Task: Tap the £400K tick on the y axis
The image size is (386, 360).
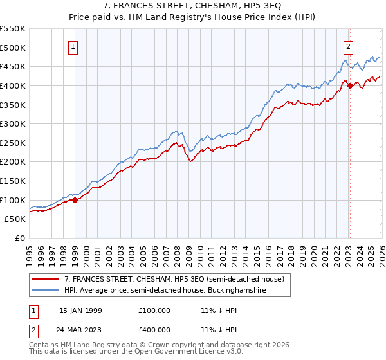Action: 13,85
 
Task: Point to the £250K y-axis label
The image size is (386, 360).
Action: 13,143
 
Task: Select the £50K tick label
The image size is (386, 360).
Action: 15,219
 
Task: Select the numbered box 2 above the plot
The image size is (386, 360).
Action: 348,46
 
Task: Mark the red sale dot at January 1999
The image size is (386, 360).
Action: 75,200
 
